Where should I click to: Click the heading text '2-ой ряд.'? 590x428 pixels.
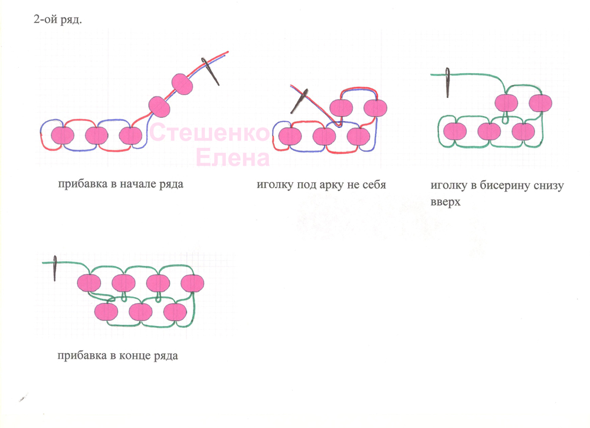(x=58, y=20)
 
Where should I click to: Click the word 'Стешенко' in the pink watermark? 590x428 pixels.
(x=209, y=134)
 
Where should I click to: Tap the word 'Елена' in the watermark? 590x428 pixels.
(x=232, y=157)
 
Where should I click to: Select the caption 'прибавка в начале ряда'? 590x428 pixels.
(x=120, y=183)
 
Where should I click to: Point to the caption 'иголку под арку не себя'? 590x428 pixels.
(x=321, y=185)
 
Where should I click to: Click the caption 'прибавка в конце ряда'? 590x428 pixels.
(x=118, y=355)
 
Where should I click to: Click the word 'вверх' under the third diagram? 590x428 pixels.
(x=445, y=201)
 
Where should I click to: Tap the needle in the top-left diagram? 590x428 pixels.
(x=211, y=71)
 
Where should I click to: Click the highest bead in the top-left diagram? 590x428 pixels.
(x=183, y=84)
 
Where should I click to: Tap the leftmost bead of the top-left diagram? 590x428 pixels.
(x=62, y=136)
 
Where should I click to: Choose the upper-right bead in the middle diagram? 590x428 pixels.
(x=375, y=107)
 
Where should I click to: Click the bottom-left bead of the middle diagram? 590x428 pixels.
(x=289, y=136)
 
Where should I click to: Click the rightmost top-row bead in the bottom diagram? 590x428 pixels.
(x=193, y=283)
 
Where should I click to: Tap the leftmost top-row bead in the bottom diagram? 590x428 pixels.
(x=90, y=283)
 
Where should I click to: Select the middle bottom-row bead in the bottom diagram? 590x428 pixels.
(x=141, y=311)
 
